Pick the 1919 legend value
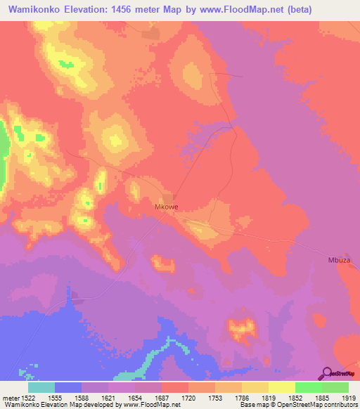click(348, 398)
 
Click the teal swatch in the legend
click(41, 387)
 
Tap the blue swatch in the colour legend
click(68, 387)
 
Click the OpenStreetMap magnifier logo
click(328, 372)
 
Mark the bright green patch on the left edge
click(4, 144)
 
